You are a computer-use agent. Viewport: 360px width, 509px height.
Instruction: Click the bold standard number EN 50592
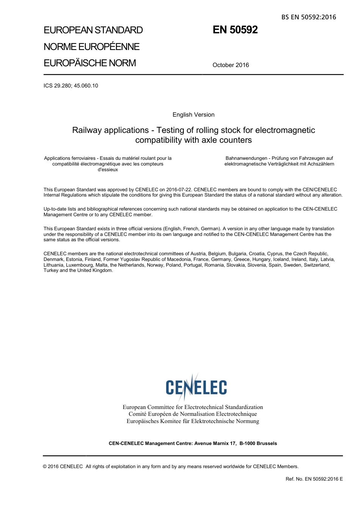235,30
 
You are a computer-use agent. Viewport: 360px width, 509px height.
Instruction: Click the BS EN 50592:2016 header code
308,17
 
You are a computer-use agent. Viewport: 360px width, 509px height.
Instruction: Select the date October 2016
231,65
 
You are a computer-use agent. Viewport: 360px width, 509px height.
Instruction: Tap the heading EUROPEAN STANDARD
93,30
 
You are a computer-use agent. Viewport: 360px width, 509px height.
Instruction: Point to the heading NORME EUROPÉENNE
92,47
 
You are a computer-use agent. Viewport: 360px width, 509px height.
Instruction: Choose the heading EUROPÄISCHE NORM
90,63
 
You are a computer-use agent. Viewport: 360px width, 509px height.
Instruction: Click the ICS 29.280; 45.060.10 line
71,86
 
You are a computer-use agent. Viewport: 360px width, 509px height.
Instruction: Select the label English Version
194,115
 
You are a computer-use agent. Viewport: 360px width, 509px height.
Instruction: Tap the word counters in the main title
238,140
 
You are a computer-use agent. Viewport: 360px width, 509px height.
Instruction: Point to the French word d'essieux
108,170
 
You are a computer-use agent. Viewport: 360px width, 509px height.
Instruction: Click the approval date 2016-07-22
179,190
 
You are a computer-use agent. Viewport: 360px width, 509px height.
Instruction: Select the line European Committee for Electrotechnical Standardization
193,407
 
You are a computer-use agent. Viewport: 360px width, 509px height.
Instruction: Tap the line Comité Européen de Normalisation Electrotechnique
193,414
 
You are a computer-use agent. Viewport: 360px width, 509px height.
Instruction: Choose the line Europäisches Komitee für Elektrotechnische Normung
193,421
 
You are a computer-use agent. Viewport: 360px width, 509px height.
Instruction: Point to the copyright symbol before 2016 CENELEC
45,467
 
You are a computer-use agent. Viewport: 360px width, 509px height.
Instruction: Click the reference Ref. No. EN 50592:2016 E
314,479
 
